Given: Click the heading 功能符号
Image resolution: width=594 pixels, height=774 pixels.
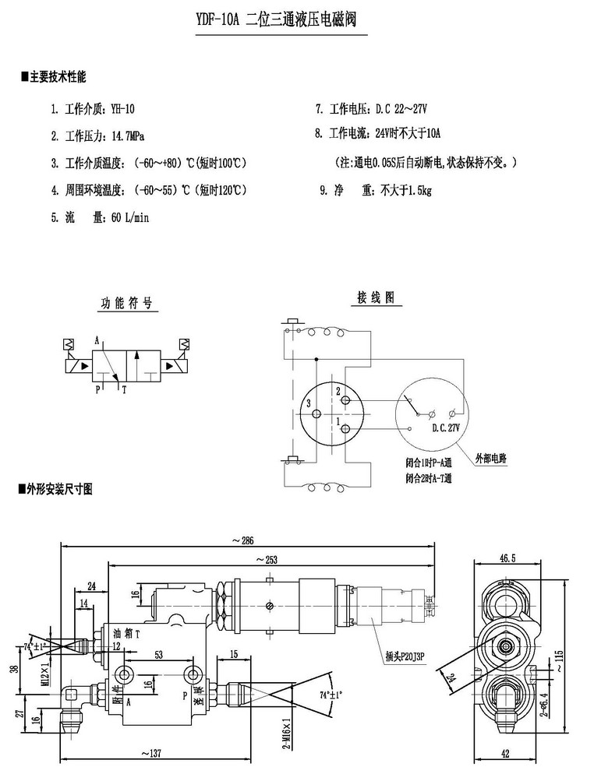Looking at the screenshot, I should [126, 302].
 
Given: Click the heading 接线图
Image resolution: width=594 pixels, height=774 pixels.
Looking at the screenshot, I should [376, 297].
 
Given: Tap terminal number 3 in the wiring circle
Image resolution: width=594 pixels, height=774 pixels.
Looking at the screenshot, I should [309, 403].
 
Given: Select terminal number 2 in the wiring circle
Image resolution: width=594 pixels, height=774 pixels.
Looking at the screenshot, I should [338, 389].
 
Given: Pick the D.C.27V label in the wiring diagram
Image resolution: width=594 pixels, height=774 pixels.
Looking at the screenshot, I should [446, 427].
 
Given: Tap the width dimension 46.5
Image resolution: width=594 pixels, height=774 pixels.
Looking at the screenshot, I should [508, 558].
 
